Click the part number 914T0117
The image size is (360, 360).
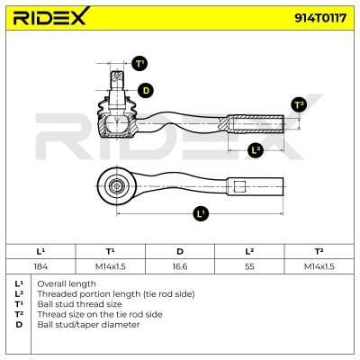[x=320, y=18]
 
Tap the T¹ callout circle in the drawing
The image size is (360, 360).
[x=139, y=64]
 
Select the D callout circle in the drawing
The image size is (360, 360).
[x=146, y=91]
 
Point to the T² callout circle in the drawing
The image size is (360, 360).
[x=299, y=104]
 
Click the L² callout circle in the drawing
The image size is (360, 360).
[x=256, y=150]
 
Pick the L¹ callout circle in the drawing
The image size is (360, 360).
[x=201, y=213]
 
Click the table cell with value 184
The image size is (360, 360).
[x=40, y=266]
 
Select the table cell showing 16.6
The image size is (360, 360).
[x=180, y=266]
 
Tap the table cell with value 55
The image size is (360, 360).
[x=249, y=266]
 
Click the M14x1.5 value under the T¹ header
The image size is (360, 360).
[x=111, y=266]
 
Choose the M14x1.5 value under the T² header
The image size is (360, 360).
[x=319, y=266]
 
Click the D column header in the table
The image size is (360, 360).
[x=180, y=251]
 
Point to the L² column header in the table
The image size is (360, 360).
[x=249, y=251]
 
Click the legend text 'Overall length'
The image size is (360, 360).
[x=67, y=283]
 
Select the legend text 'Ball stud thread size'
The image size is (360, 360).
[x=79, y=304]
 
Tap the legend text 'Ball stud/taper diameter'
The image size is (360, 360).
[x=88, y=325]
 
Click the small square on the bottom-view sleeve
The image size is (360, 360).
[x=239, y=186]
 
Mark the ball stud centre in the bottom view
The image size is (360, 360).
[x=116, y=186]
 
